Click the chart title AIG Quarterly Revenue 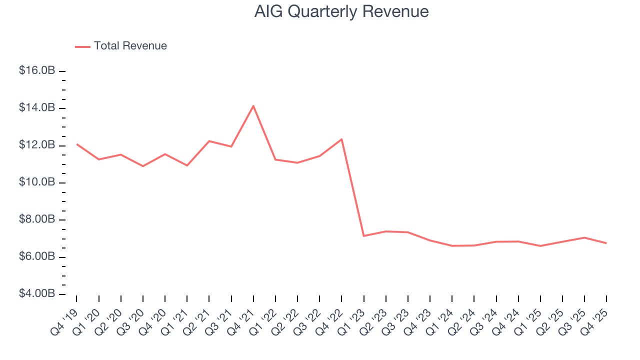pyautogui.click(x=341, y=11)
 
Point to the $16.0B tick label pyautogui.click(x=37, y=71)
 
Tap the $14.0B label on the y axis pyautogui.click(x=37, y=108)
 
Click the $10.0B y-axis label pyautogui.click(x=37, y=182)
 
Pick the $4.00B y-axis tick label pyautogui.click(x=37, y=293)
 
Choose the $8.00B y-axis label pyautogui.click(x=37, y=219)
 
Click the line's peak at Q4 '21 pyautogui.click(x=253, y=106)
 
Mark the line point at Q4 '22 pyautogui.click(x=341, y=139)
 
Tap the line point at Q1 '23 pyautogui.click(x=363, y=236)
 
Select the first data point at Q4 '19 pyautogui.click(x=77, y=144)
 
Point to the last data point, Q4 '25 pyautogui.click(x=606, y=243)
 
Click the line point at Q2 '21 pyautogui.click(x=209, y=141)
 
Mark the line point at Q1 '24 pyautogui.click(x=452, y=246)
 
